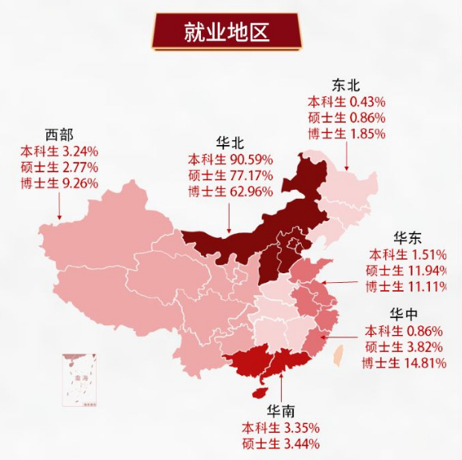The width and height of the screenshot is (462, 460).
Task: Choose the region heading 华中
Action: (x=407, y=313)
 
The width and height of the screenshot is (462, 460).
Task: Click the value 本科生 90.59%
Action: (x=229, y=159)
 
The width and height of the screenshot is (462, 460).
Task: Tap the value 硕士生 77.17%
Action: (x=229, y=175)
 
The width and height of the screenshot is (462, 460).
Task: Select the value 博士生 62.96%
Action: (x=229, y=191)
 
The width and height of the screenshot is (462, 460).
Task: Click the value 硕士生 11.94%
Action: (x=408, y=270)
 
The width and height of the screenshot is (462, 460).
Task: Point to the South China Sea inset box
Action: (x=82, y=380)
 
